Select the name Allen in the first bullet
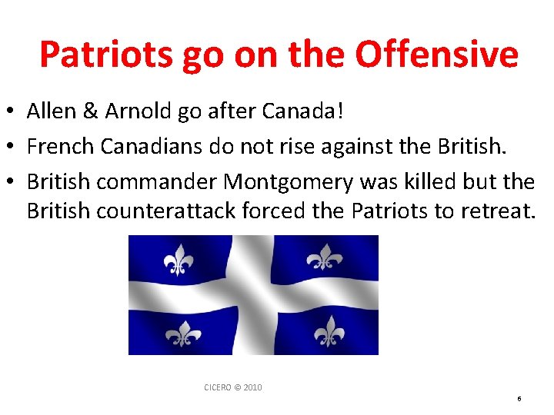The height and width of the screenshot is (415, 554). tap(50, 111)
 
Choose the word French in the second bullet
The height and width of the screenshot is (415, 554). tap(55, 146)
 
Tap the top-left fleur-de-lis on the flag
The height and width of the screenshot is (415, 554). tap(179, 261)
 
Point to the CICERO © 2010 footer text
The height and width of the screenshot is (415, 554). tap(232, 387)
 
